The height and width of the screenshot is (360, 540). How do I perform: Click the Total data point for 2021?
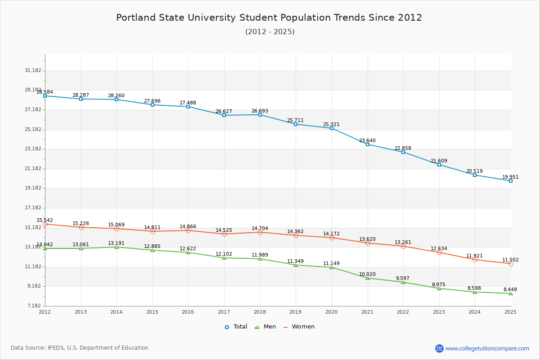[368, 144]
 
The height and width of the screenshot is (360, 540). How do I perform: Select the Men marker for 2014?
[117, 247]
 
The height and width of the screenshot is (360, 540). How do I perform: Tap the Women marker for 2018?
[260, 232]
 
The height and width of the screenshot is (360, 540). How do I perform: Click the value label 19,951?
[510, 177]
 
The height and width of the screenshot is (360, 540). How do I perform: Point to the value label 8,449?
[510, 289]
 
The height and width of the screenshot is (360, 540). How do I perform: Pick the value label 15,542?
[45, 220]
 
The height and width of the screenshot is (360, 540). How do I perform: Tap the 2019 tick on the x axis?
[296, 312]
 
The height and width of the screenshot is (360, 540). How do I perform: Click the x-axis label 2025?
[510, 312]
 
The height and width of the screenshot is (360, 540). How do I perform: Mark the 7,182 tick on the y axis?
[34, 306]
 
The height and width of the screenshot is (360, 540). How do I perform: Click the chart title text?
[269, 18]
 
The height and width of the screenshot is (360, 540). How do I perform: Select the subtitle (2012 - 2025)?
[270, 32]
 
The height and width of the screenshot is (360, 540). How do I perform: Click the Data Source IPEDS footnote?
[80, 348]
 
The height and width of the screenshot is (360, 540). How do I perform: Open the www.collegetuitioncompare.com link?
[487, 348]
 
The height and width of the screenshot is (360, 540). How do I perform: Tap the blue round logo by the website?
[439, 348]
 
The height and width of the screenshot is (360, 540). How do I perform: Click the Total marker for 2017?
[224, 115]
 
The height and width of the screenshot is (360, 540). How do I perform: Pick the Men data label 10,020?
[367, 274]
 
